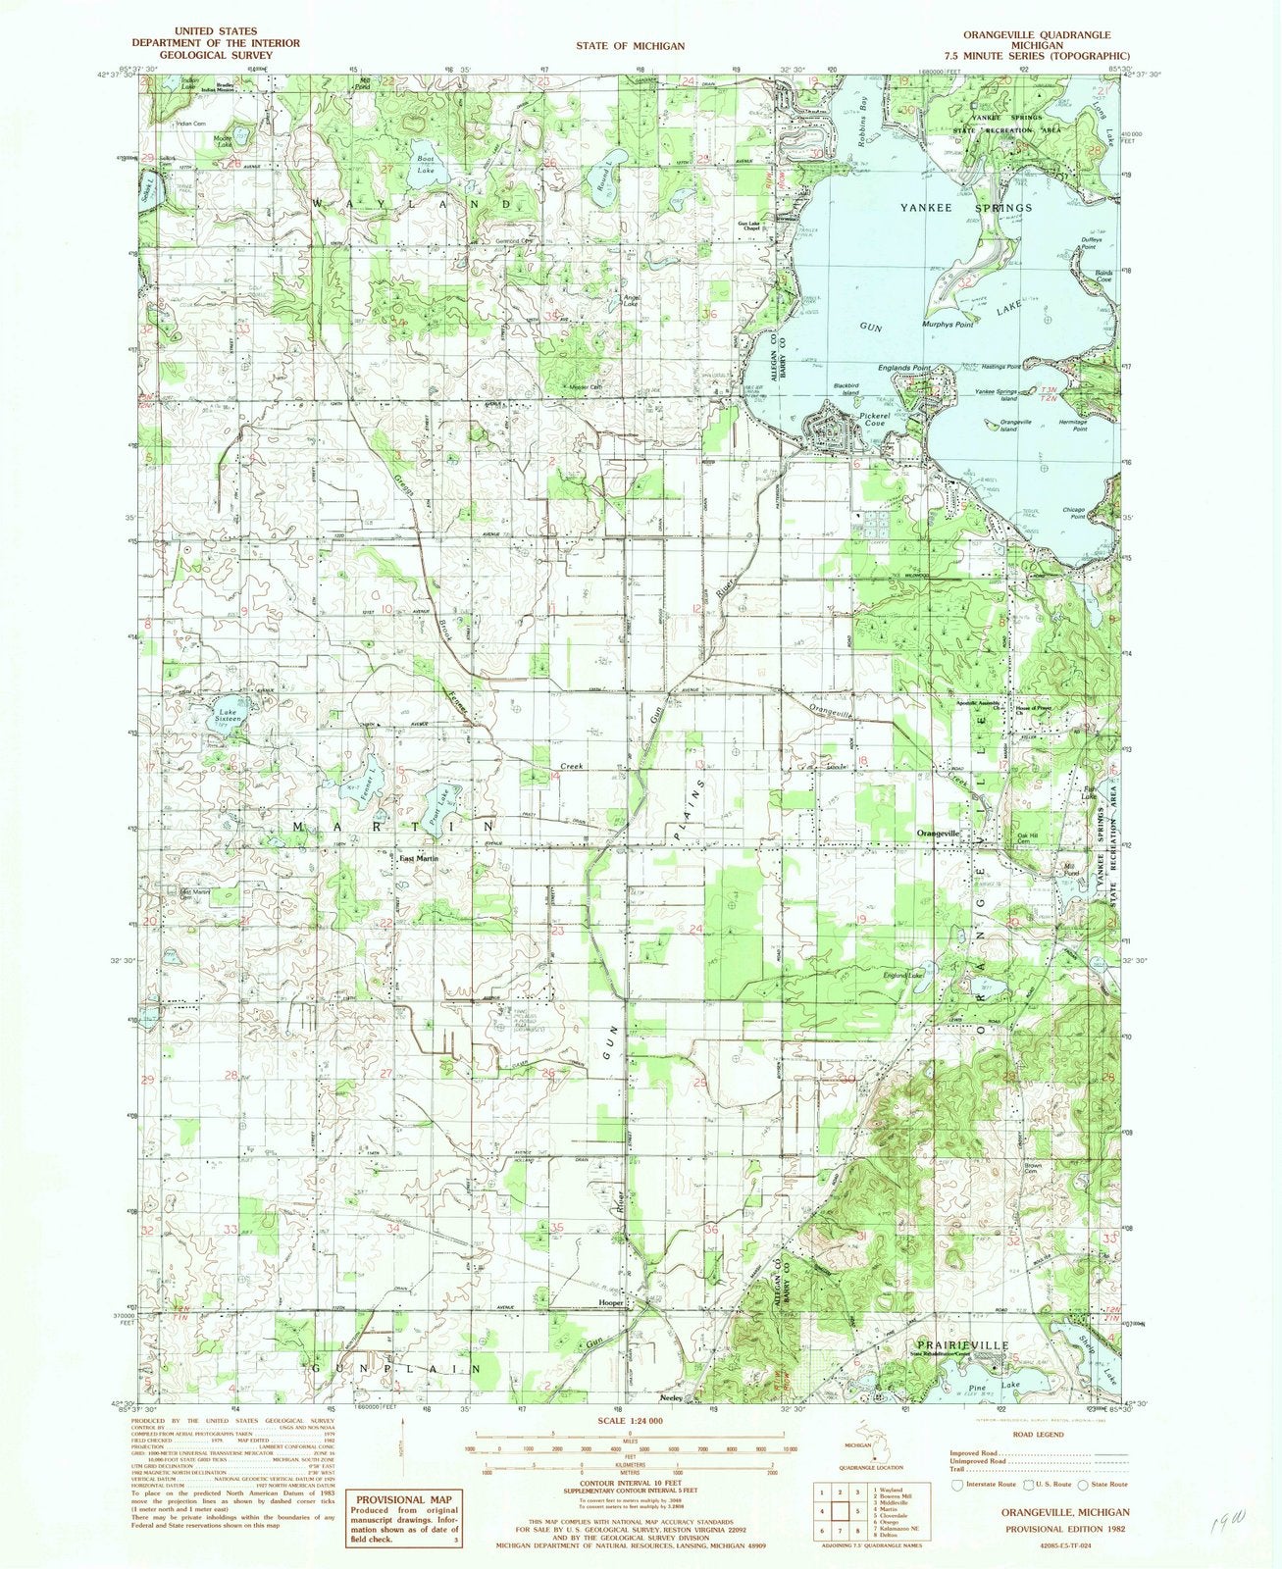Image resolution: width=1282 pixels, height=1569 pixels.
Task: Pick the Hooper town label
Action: (613, 1302)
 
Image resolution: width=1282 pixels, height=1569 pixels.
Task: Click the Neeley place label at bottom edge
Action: (671, 1397)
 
